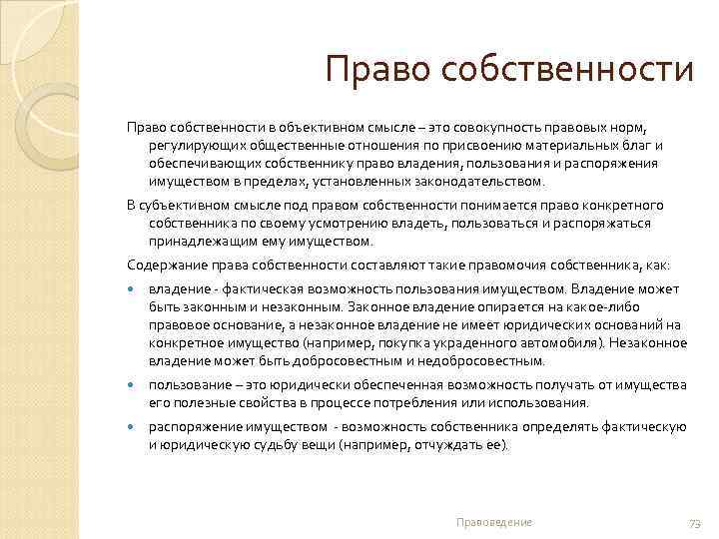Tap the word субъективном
[186, 205]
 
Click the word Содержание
[164, 265]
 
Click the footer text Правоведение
[493, 522]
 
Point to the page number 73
[695, 523]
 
